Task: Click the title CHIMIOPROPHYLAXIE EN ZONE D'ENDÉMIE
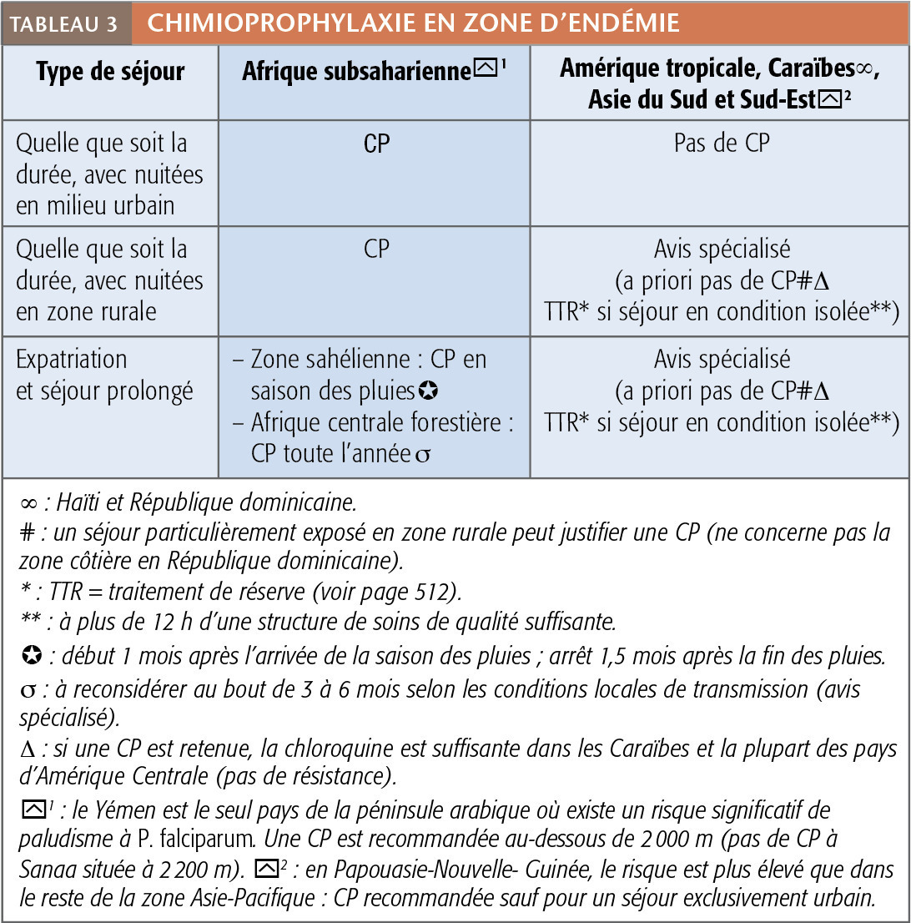pyautogui.click(x=413, y=23)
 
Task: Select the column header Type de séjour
pyautogui.click(x=109, y=71)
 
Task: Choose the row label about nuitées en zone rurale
pyautogui.click(x=109, y=280)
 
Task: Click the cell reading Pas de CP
pyautogui.click(x=721, y=144)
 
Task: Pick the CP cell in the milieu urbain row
pyautogui.click(x=376, y=144)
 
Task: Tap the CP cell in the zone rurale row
pyautogui.click(x=376, y=249)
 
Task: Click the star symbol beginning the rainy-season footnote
pyautogui.click(x=27, y=657)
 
